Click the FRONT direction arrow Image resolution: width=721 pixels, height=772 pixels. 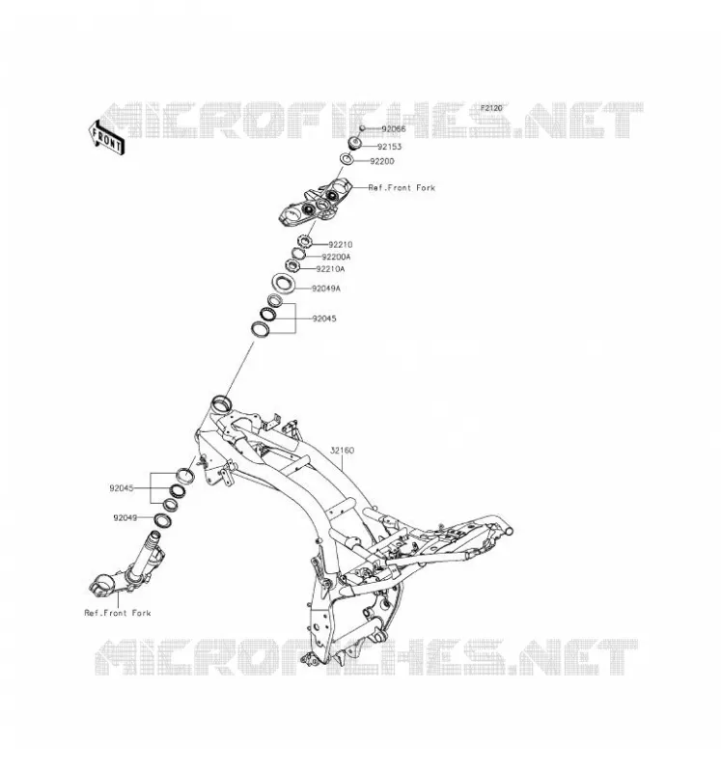pos(106,138)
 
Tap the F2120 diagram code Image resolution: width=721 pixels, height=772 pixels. pos(491,108)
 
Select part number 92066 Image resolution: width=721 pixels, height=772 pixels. pos(394,129)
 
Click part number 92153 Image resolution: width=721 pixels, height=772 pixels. pos(390,147)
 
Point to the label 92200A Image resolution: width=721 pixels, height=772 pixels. pos(336,257)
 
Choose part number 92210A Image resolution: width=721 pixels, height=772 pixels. pos(330,269)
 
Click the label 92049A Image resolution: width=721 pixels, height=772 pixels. pos(326,289)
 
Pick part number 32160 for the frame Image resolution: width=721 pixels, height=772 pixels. pos(343,450)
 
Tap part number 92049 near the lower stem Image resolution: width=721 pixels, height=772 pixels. pos(125,518)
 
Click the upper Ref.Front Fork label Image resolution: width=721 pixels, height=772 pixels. pos(402,187)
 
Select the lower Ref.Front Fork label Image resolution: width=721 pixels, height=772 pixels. pos(118,613)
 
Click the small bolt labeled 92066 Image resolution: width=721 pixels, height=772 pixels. pos(362,128)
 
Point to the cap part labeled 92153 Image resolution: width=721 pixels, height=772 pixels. pos(355,143)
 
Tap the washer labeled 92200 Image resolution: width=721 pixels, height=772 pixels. pos(347,159)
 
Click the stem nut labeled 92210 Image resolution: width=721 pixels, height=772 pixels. pos(305,242)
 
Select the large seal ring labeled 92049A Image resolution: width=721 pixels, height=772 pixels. pos(284,284)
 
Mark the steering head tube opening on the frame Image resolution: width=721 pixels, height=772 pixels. pos(220,402)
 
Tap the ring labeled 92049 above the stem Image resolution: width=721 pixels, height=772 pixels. pos(162,520)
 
